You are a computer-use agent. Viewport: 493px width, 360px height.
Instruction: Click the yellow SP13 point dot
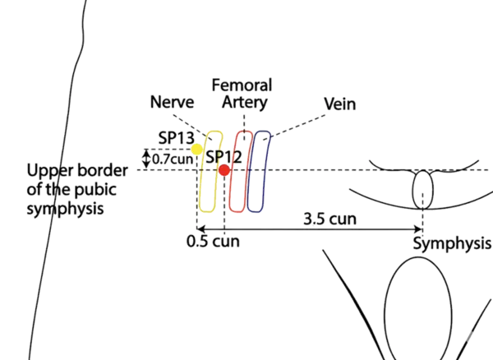(x=197, y=150)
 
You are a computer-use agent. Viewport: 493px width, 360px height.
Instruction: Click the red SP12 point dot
(x=224, y=170)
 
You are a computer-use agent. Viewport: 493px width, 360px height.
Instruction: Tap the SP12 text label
(x=222, y=156)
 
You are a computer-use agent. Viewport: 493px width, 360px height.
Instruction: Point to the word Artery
(x=244, y=102)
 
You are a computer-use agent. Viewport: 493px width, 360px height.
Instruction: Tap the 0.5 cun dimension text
(x=208, y=242)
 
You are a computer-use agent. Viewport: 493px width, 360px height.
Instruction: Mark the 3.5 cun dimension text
(x=329, y=220)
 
